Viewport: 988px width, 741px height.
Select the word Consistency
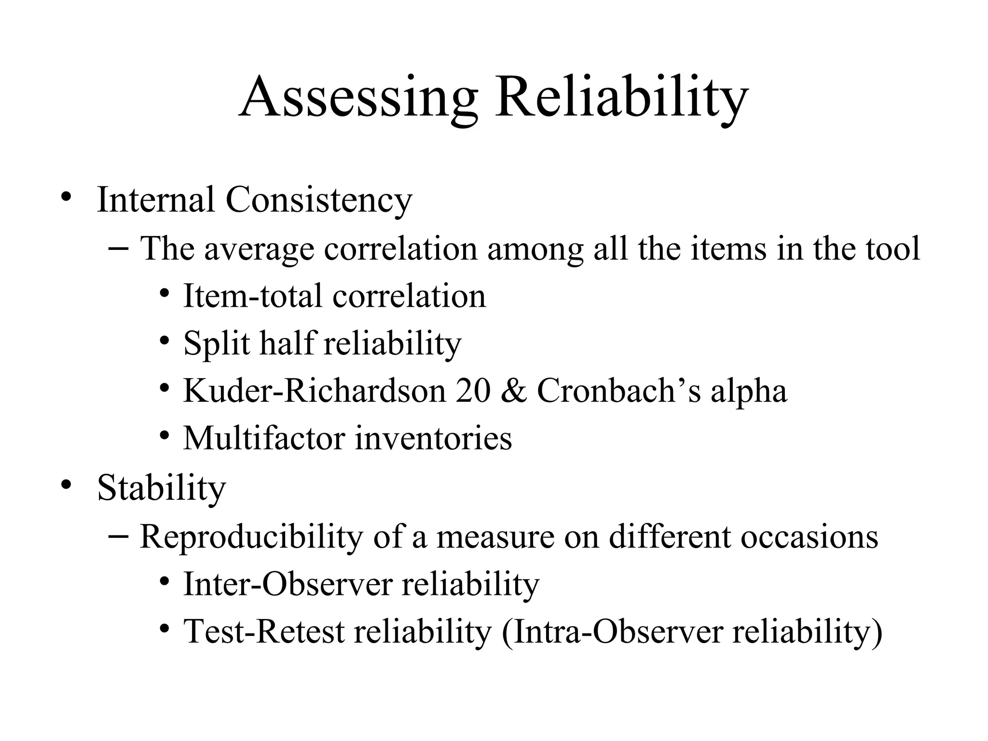(319, 200)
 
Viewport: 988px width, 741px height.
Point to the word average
(259, 250)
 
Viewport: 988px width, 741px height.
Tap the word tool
(893, 249)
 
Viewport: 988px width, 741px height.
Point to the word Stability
(161, 489)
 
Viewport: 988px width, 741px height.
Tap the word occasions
(809, 536)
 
